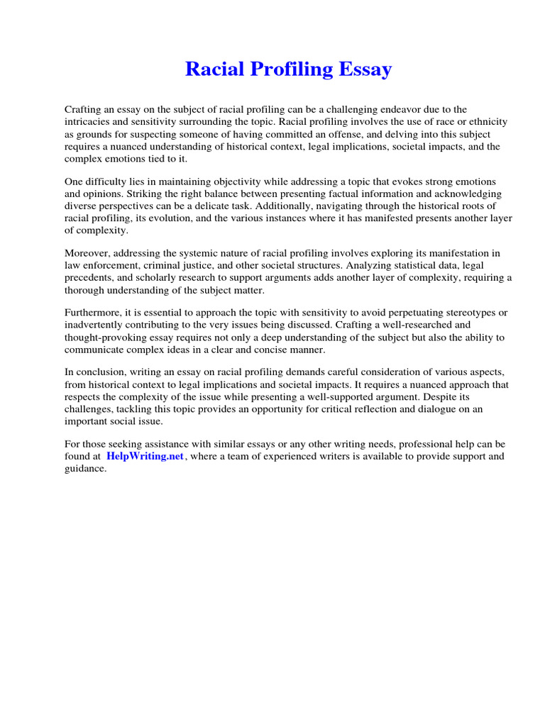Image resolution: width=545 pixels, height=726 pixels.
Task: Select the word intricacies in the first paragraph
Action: (90, 122)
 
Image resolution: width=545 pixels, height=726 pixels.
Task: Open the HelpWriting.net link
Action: (145, 457)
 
